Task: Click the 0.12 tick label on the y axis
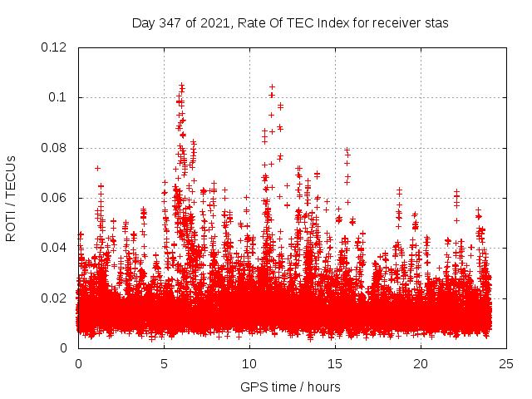point(56,47)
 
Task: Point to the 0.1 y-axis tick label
point(59,97)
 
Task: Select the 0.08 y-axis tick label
point(56,148)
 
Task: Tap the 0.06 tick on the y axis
point(56,198)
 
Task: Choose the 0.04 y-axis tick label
point(56,248)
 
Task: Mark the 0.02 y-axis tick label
point(56,298)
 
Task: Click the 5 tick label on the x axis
point(164,363)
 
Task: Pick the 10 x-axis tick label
point(249,363)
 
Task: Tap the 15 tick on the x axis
point(335,363)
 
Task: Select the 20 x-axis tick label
point(421,363)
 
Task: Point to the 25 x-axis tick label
point(506,363)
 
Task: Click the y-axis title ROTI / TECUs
point(12,198)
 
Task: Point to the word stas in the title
point(435,23)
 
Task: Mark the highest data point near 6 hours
point(181,85)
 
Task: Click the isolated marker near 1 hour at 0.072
point(97,168)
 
